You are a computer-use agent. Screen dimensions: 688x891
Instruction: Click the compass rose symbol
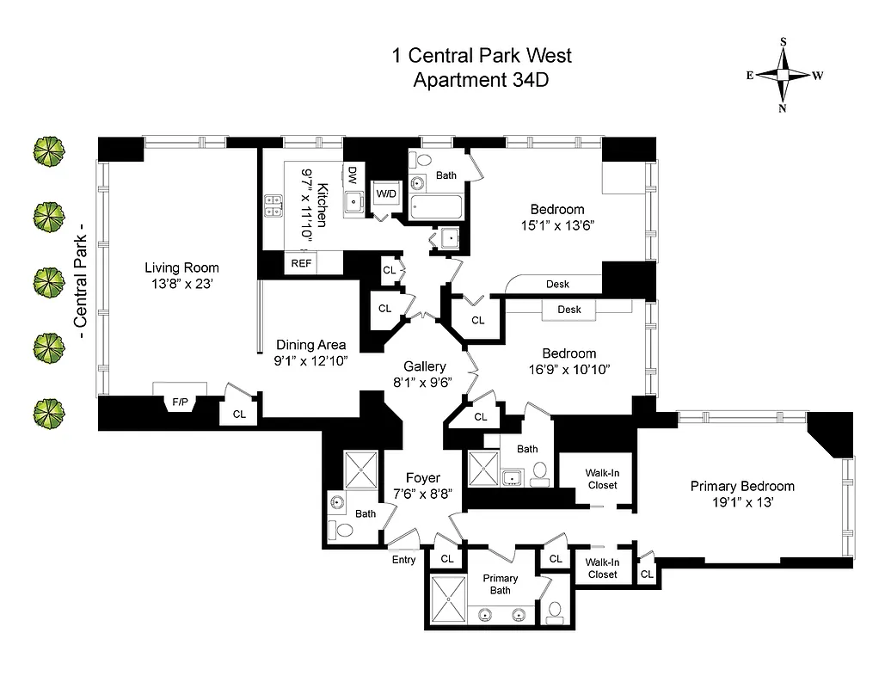pyautogui.click(x=783, y=75)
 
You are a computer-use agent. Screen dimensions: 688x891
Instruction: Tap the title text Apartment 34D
pyautogui.click(x=481, y=82)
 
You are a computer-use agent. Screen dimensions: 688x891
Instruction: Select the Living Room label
pyautogui.click(x=181, y=267)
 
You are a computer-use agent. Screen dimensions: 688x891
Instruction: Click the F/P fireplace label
pyautogui.click(x=181, y=401)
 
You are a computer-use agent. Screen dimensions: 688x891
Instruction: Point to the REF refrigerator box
pyautogui.click(x=301, y=263)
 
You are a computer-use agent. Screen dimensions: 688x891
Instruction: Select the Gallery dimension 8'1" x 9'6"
pyautogui.click(x=419, y=383)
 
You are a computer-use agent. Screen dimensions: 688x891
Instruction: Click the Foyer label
pyautogui.click(x=422, y=478)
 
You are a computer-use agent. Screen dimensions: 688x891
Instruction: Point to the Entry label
pyautogui.click(x=403, y=560)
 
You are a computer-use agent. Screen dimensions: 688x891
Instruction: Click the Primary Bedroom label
pyautogui.click(x=742, y=486)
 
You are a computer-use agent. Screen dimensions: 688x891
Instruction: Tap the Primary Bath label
pyautogui.click(x=500, y=584)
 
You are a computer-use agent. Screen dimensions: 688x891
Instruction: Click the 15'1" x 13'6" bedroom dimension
pyautogui.click(x=556, y=225)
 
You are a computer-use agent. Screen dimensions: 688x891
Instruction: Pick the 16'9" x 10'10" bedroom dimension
pyautogui.click(x=568, y=369)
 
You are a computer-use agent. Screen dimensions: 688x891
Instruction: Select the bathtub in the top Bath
pyautogui.click(x=437, y=207)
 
